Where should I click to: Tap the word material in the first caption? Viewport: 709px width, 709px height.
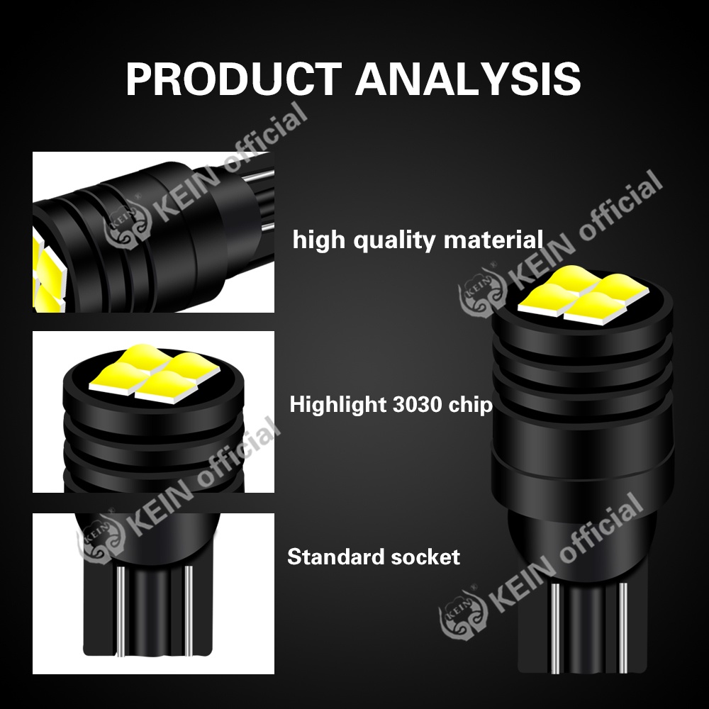[493, 240]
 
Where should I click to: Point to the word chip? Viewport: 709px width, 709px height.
[469, 406]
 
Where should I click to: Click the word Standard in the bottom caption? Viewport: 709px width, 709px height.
[328, 557]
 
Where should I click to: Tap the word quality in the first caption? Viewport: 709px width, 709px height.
[394, 240]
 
